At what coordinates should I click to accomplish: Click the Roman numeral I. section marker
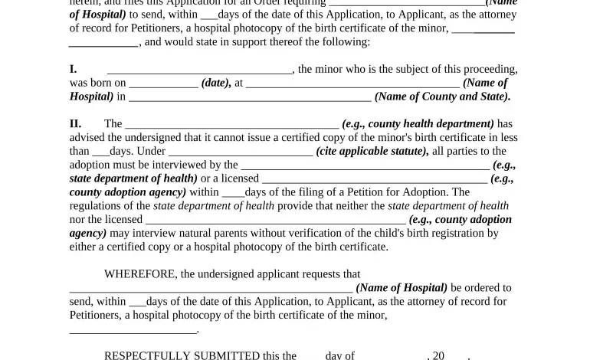coord(73,69)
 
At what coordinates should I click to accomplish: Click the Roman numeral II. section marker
coord(75,123)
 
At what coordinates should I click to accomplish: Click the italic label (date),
coord(216,83)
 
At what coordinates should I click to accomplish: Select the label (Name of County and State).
coord(442,97)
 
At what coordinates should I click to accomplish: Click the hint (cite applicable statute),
coord(372,151)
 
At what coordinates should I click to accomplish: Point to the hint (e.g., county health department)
coord(418,123)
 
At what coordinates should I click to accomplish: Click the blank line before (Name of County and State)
coord(250,97)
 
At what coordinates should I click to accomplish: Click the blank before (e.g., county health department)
coord(231,124)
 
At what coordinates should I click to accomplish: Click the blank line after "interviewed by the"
coord(365,165)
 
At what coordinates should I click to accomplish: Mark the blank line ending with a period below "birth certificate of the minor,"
coord(133,329)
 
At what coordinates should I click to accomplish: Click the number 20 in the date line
coord(438,355)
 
